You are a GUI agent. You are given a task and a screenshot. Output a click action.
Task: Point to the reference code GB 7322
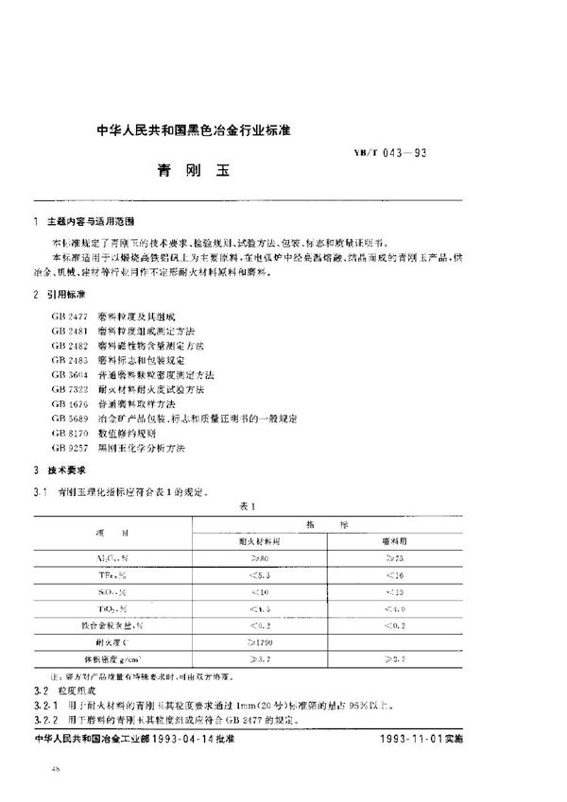point(72,388)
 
